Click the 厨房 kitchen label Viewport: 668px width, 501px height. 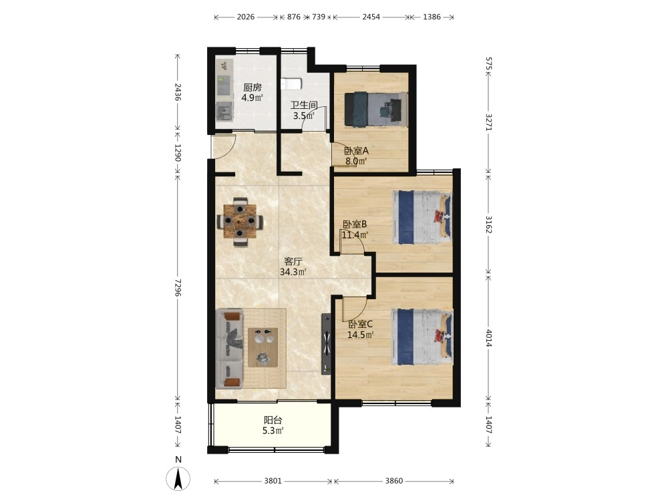253,88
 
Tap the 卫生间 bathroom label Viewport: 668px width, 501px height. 304,105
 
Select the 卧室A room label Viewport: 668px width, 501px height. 356,151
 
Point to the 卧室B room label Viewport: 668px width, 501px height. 355,224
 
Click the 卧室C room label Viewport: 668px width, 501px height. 361,324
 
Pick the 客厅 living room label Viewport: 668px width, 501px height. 293,262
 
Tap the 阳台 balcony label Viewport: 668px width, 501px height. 273,420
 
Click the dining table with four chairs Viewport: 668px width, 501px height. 240,222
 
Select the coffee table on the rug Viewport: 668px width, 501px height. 263,347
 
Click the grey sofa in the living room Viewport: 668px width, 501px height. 229,349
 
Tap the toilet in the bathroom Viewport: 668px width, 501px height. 291,84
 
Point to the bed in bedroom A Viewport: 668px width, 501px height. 375,110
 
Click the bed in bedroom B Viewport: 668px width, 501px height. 422,217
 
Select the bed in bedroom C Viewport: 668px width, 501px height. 422,337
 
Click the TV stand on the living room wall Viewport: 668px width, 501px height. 326,344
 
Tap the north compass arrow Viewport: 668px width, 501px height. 178,478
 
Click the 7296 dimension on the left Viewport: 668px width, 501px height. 178,287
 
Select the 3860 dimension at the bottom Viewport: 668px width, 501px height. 394,481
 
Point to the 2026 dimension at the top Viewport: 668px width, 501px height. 246,17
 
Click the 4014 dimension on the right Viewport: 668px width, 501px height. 489,337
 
